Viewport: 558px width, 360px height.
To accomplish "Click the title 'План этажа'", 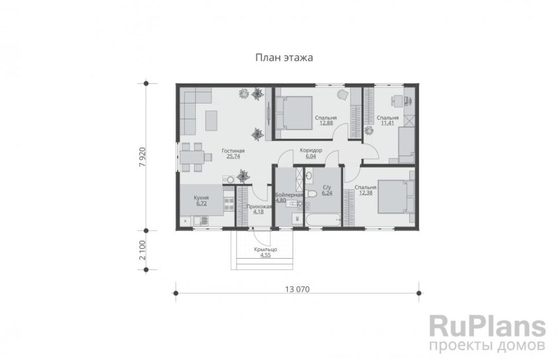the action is [x=284, y=58].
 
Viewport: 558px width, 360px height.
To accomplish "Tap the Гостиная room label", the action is [x=233, y=151].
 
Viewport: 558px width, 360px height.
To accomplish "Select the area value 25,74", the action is [x=233, y=156].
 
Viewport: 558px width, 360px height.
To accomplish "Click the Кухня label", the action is [x=201, y=198].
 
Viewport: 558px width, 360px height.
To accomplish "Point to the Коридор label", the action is [x=311, y=150].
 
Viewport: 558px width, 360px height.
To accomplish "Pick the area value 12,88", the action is [x=326, y=123].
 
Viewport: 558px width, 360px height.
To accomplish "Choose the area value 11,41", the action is [x=387, y=123].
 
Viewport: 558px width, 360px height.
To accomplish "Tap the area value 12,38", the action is [x=366, y=193].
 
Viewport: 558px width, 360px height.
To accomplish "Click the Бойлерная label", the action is [x=289, y=195].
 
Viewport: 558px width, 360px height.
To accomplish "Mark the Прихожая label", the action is [x=259, y=206].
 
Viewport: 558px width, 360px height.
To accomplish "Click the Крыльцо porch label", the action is [x=265, y=250].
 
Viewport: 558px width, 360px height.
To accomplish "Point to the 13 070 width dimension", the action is [x=297, y=289].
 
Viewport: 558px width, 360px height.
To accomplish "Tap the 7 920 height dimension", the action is [x=143, y=156].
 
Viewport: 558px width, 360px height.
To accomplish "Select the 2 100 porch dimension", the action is [x=143, y=250].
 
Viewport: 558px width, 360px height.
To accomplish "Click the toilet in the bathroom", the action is [x=310, y=194].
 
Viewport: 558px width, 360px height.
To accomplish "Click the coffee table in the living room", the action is [x=211, y=121].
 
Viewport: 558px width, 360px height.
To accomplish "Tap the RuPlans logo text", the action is [x=487, y=325].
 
